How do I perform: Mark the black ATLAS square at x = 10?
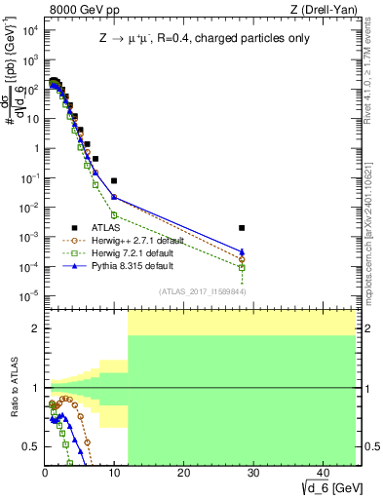coord(114,181)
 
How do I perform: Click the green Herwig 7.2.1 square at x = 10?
coord(114,214)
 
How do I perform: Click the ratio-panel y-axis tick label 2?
coord(35,328)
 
